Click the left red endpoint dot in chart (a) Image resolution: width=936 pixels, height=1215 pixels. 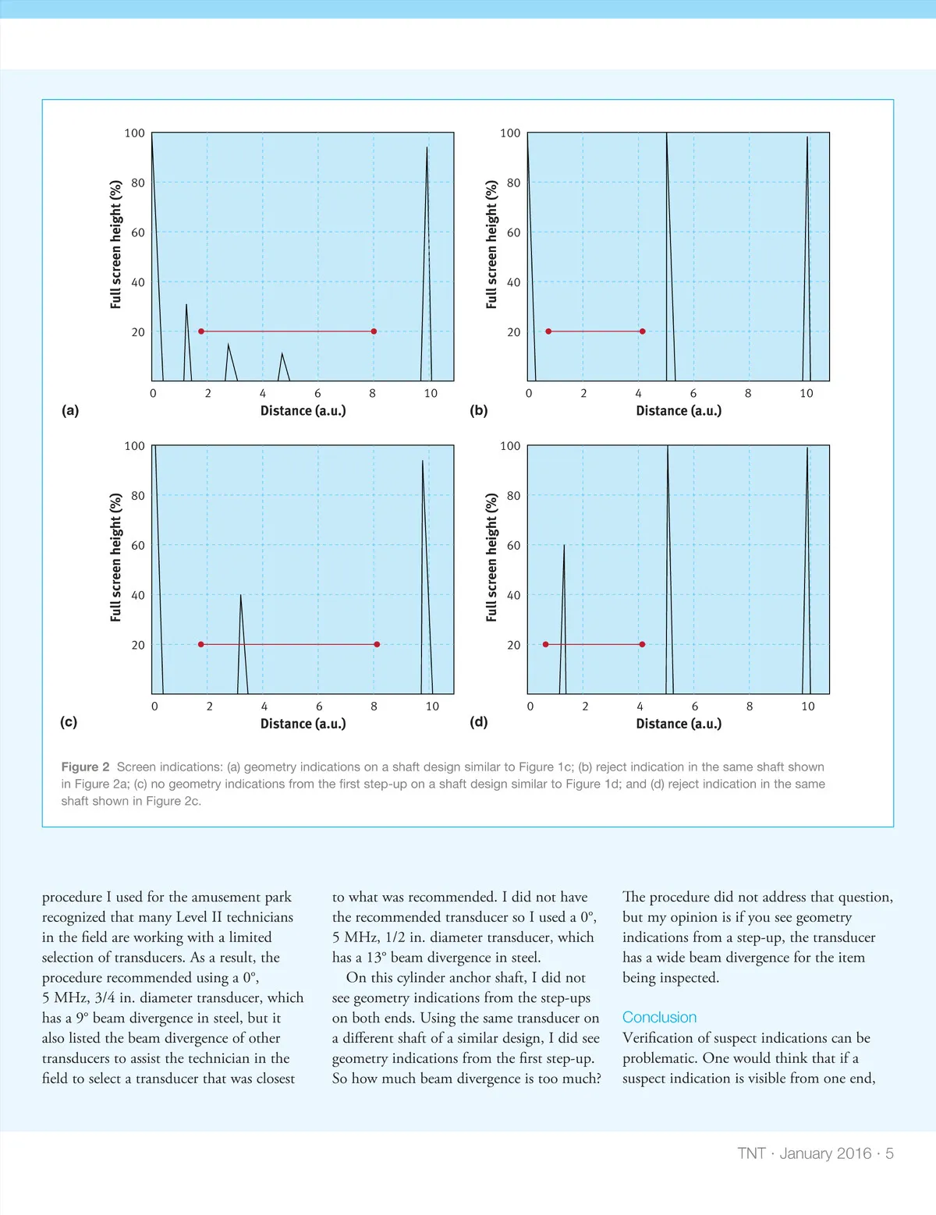point(201,331)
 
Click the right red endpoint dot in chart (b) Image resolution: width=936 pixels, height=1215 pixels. point(642,331)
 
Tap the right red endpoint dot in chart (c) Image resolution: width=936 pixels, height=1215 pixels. point(377,644)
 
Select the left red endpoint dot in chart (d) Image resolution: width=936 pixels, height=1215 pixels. point(545,644)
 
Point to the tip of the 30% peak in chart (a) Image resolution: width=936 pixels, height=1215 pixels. point(186,305)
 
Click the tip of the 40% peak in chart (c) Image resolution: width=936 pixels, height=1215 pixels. point(241,595)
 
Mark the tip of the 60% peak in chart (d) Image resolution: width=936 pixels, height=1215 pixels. point(564,546)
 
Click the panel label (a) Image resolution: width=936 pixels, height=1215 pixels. point(70,410)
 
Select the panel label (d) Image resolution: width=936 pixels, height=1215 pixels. point(478,721)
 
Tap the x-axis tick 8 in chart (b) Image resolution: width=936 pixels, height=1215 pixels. point(748,393)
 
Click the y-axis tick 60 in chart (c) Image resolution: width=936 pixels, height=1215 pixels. point(138,545)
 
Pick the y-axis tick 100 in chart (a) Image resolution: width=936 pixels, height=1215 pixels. point(135,133)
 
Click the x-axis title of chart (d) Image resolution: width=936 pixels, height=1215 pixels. point(679,724)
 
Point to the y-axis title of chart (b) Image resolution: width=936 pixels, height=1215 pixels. point(491,244)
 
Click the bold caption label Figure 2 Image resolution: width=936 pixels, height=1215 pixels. point(85,767)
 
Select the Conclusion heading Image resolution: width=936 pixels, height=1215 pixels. point(659,1017)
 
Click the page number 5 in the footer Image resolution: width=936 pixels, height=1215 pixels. point(889,1153)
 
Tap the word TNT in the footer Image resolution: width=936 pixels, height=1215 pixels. point(751,1153)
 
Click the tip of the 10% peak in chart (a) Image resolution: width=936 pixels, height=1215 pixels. point(282,354)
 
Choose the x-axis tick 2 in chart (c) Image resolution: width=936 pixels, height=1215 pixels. point(209,706)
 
